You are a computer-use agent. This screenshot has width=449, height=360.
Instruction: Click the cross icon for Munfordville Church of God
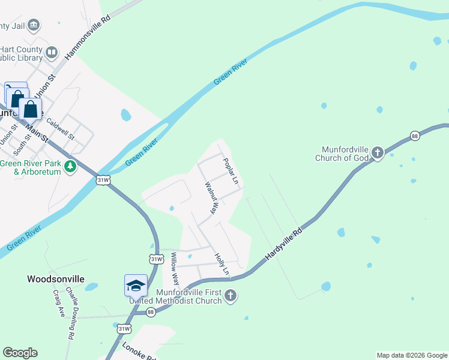pyautogui.click(x=377, y=152)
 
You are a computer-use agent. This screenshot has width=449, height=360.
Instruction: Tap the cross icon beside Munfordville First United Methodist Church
pyautogui.click(x=231, y=295)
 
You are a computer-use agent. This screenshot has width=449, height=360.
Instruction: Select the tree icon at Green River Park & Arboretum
pyautogui.click(x=71, y=166)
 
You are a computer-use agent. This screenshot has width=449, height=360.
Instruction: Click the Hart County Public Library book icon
pyautogui.click(x=52, y=53)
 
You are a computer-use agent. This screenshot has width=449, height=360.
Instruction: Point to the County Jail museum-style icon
pyautogui.click(x=34, y=25)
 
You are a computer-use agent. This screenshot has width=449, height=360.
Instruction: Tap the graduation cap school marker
pyautogui.click(x=136, y=285)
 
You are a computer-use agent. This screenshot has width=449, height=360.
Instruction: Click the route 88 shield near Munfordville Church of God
pyautogui.click(x=415, y=136)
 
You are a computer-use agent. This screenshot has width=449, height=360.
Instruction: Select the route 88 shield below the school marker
pyautogui.click(x=151, y=311)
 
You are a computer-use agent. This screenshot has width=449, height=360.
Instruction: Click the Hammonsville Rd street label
pyautogui.click(x=89, y=37)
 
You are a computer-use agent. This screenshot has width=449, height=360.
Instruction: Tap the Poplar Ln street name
pyautogui.click(x=231, y=171)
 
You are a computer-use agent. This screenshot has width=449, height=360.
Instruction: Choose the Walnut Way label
pyautogui.click(x=210, y=198)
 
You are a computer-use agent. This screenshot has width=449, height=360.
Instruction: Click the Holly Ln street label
pyautogui.click(x=222, y=264)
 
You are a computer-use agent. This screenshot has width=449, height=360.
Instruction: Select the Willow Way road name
pyautogui.click(x=175, y=268)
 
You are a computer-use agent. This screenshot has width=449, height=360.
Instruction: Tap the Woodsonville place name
pyautogui.click(x=55, y=279)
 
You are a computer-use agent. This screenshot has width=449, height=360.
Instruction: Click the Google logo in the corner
pyautogui.click(x=20, y=353)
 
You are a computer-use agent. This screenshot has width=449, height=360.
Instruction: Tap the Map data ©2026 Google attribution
pyautogui.click(x=412, y=355)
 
